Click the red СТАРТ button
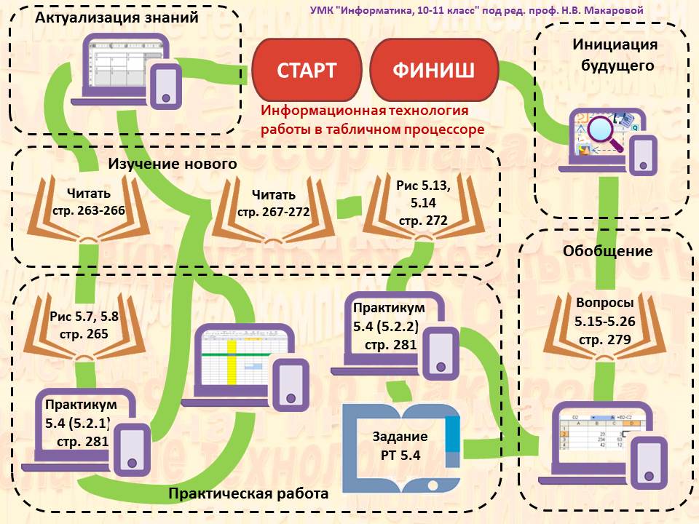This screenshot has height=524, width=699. pyautogui.click(x=307, y=70)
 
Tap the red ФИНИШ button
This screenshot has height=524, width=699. pyautogui.click(x=433, y=70)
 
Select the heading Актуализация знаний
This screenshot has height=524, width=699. pyautogui.click(x=117, y=17)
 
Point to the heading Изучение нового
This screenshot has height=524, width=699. pyautogui.click(x=173, y=164)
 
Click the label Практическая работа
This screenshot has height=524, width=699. pyautogui.click(x=248, y=493)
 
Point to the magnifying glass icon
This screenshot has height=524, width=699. pyautogui.click(x=607, y=132)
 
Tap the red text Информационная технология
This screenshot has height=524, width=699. pyautogui.click(x=365, y=111)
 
